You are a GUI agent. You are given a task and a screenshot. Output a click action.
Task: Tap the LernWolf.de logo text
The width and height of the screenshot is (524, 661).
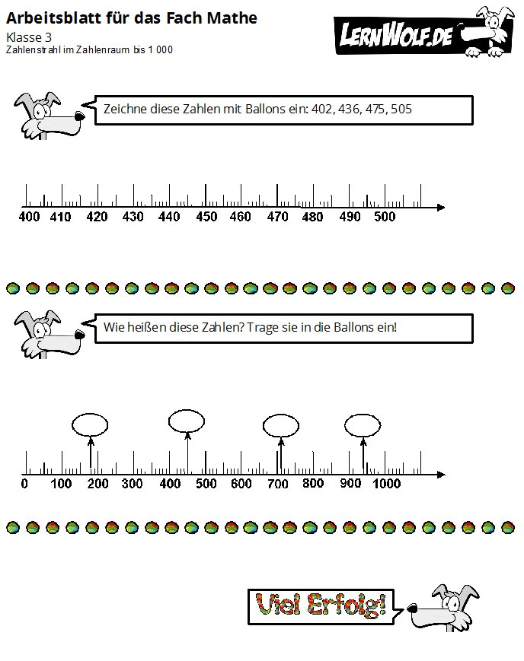[x=396, y=35]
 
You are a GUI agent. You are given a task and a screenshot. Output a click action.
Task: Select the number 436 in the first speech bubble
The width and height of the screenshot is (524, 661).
[x=349, y=110]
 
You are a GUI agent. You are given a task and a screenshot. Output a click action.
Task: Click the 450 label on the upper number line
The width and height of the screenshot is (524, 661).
[x=206, y=217]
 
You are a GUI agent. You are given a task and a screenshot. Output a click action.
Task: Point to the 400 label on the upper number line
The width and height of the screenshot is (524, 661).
[x=29, y=217]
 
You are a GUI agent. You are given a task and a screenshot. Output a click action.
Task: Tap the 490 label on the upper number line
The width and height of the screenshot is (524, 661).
[x=350, y=217]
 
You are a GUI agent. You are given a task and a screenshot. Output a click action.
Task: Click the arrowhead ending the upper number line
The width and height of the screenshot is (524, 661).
[x=441, y=208]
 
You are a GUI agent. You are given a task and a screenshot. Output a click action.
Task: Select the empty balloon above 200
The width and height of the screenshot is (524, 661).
[x=90, y=425]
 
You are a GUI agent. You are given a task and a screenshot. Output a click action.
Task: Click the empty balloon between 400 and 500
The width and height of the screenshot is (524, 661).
[x=186, y=421]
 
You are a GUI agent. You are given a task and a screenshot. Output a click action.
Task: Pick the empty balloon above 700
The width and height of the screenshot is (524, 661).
[x=281, y=426]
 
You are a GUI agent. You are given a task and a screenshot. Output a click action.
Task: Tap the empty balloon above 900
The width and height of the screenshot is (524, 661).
[x=363, y=425]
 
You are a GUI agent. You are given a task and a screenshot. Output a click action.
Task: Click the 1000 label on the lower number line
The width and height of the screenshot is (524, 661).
[x=386, y=484]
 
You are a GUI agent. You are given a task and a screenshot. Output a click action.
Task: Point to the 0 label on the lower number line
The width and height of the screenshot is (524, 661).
[x=24, y=484]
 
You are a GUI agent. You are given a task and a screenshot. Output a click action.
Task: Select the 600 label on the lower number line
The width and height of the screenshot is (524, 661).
[x=241, y=484]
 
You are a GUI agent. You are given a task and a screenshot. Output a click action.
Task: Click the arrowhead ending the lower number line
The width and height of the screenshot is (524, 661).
[x=441, y=475]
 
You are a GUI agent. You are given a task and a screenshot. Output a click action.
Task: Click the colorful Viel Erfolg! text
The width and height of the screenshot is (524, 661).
[x=321, y=605]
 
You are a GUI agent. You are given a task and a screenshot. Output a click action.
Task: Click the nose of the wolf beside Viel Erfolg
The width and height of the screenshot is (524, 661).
[x=412, y=609]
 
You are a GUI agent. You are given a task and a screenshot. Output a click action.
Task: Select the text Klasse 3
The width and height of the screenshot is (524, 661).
[x=29, y=37]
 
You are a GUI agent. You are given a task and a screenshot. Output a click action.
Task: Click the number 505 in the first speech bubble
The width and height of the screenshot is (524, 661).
[x=401, y=110]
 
